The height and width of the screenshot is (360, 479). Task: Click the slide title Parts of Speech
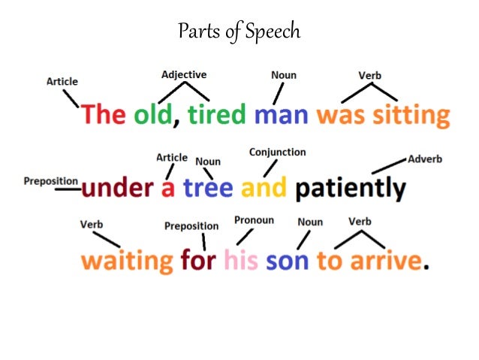tap(239, 32)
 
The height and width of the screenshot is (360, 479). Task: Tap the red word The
tap(104, 115)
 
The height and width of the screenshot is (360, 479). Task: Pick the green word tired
tap(216, 115)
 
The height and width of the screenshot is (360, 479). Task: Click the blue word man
tap(282, 115)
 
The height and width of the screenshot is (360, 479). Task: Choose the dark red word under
tap(118, 187)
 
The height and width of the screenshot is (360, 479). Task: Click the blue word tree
tap(207, 187)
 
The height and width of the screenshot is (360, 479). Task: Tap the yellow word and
tap(263, 187)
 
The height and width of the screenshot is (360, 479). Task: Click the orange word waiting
tap(127, 261)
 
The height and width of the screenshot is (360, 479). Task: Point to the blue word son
tap(287, 261)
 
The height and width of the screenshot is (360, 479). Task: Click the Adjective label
tap(184, 75)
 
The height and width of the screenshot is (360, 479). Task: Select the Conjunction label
tap(278, 153)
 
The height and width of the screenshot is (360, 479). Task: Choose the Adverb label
tap(425, 159)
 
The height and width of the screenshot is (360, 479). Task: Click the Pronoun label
tap(254, 220)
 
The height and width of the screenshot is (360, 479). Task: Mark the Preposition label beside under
tap(51, 181)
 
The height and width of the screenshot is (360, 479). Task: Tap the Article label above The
tap(62, 81)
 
